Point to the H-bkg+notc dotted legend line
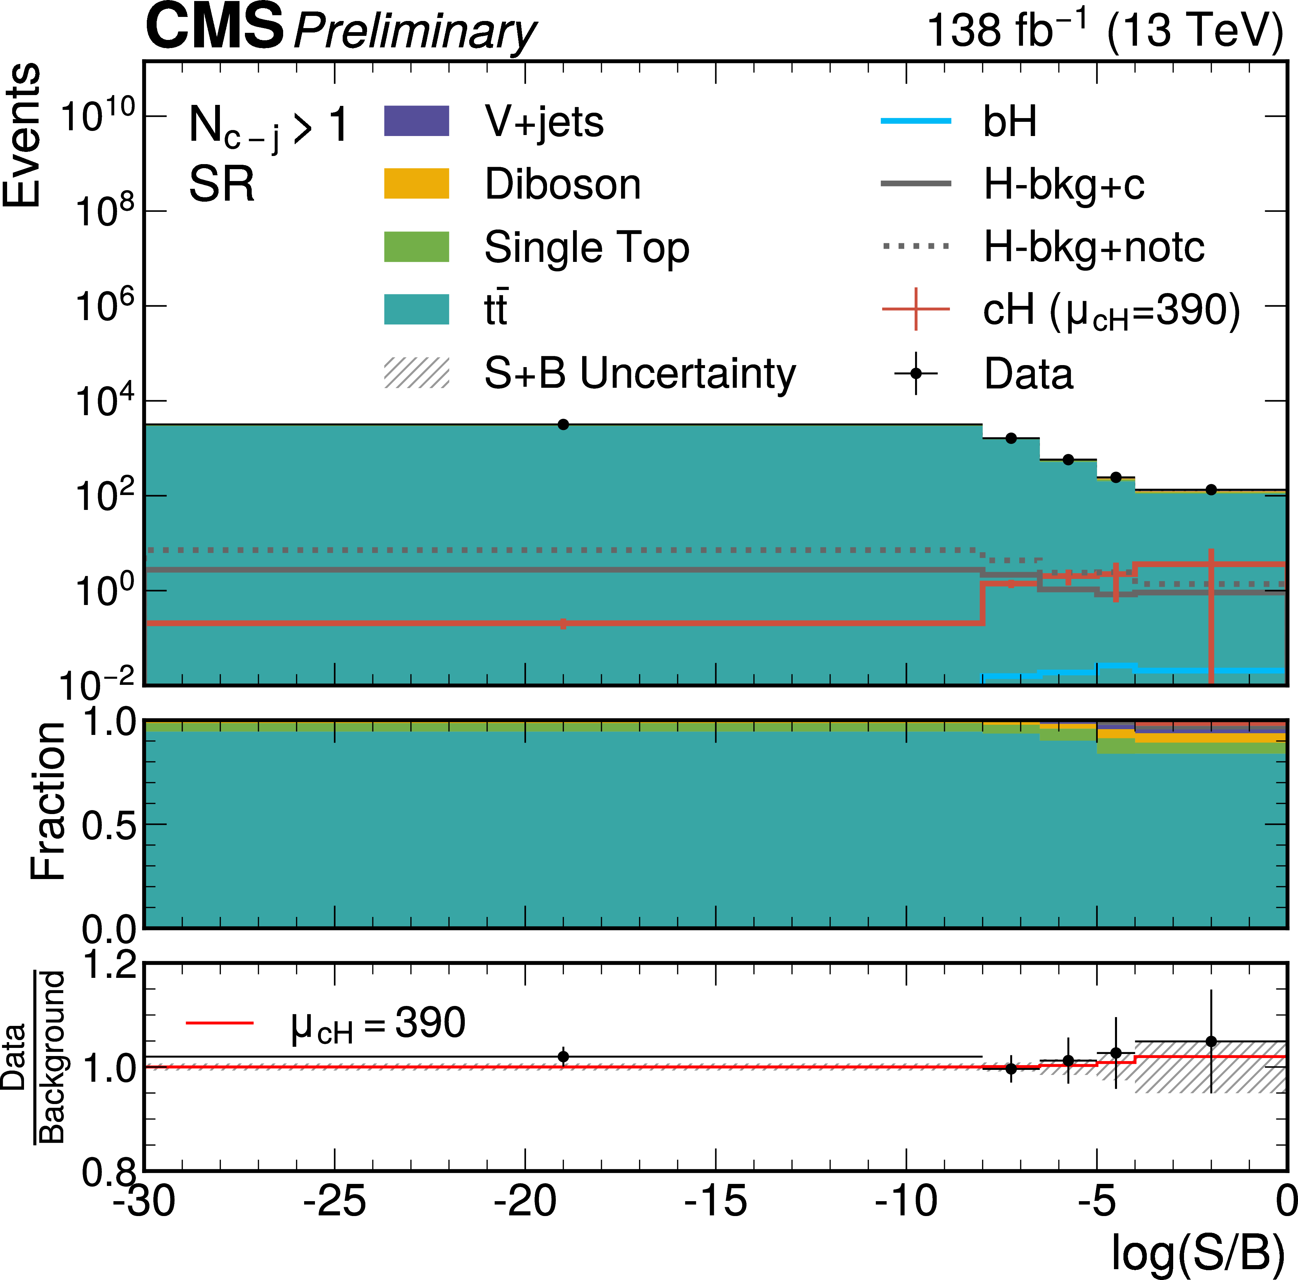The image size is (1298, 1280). (x=916, y=247)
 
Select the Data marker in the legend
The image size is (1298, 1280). (x=916, y=373)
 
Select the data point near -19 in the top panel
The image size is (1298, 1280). (x=563, y=425)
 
